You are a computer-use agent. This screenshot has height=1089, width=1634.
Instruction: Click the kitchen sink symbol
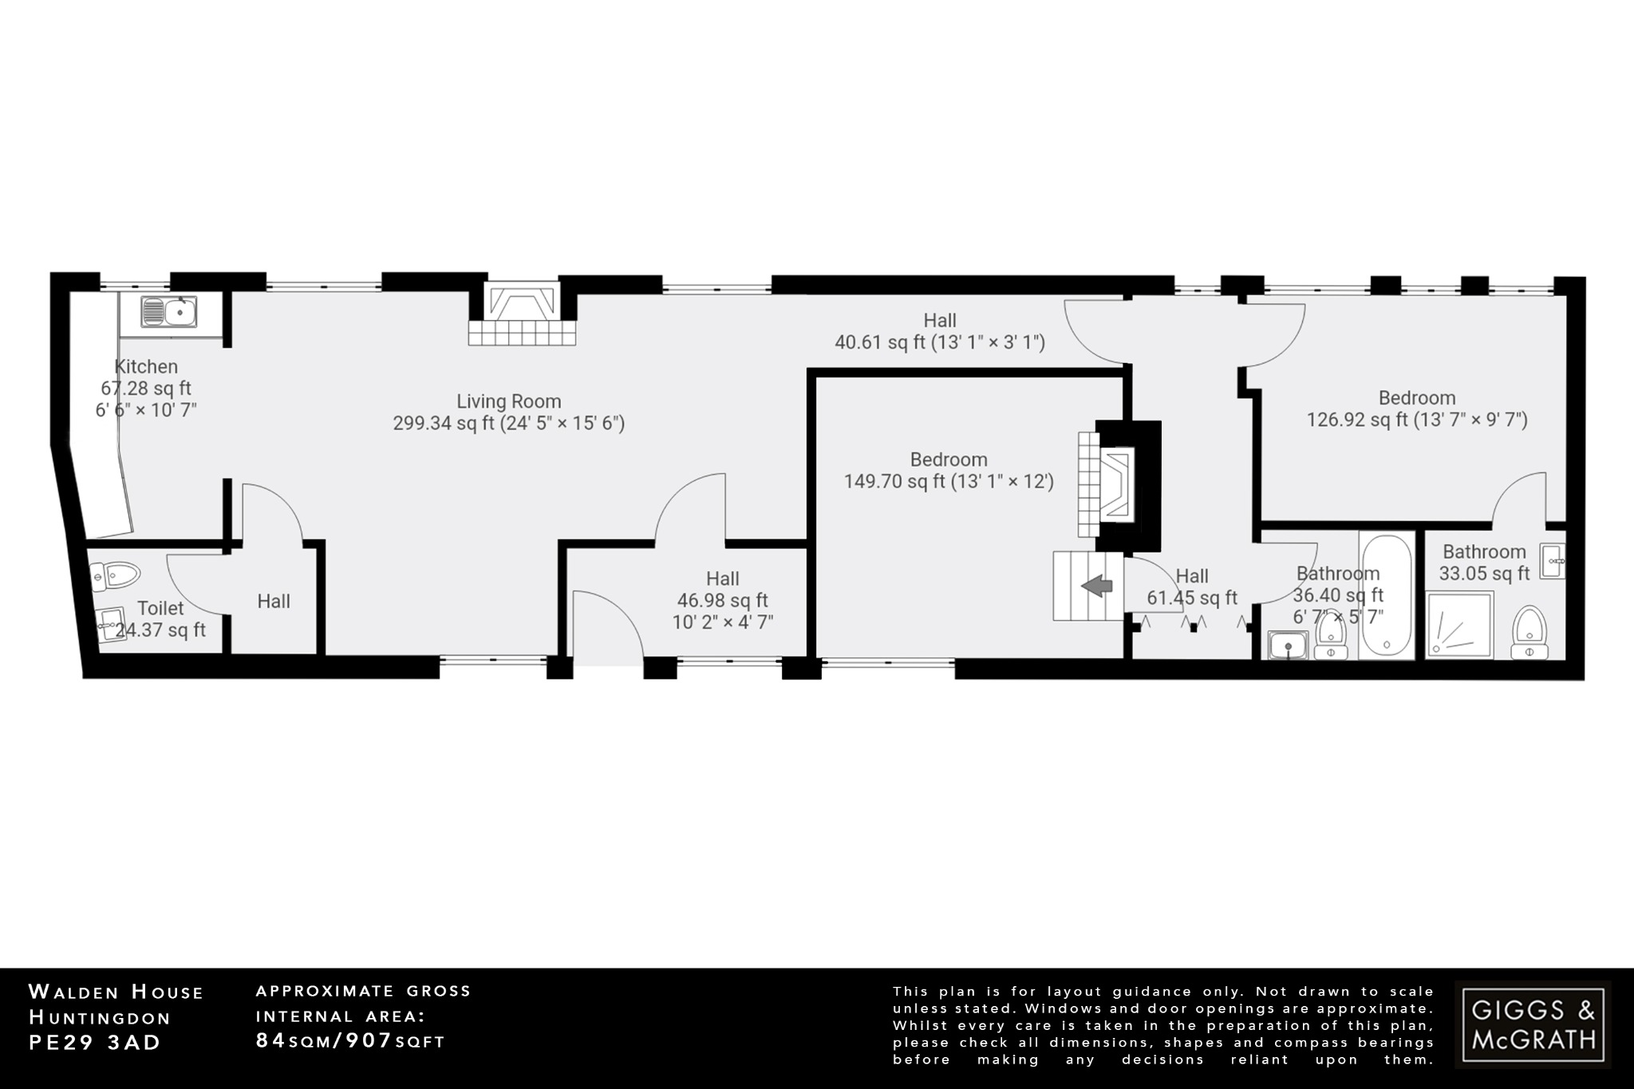pyautogui.click(x=169, y=312)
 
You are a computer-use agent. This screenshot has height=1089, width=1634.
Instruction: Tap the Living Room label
pyautogui.click(x=509, y=401)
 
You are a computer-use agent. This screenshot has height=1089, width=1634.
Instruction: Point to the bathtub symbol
pyautogui.click(x=1387, y=594)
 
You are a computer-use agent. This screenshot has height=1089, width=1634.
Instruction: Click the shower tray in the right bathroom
pyautogui.click(x=1459, y=625)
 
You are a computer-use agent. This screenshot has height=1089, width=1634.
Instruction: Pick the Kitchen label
pyautogui.click(x=146, y=367)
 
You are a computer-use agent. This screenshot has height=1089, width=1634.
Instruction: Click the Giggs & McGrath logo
pyautogui.click(x=1533, y=1025)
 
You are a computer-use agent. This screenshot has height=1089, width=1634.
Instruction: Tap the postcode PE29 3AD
pyautogui.click(x=95, y=1043)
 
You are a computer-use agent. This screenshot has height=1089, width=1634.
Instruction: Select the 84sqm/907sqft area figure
pyautogui.click(x=350, y=1040)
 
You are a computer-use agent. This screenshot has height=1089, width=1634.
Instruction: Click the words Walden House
pyautogui.click(x=116, y=992)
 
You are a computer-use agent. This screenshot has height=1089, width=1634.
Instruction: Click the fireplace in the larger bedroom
pyautogui.click(x=1115, y=483)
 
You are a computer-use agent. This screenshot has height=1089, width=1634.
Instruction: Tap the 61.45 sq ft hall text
pyautogui.click(x=1192, y=598)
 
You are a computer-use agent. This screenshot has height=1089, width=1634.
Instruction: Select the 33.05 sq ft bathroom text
pyautogui.click(x=1484, y=573)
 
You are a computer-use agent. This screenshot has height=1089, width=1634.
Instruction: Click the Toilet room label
pyautogui.click(x=160, y=608)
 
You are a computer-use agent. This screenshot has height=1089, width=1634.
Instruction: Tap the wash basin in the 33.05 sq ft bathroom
pyautogui.click(x=1553, y=561)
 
